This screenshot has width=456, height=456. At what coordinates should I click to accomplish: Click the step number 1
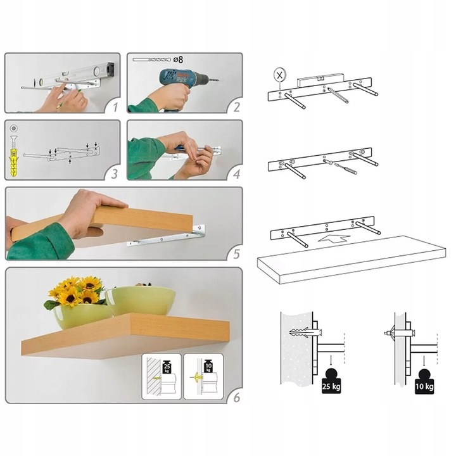click(x=115, y=107)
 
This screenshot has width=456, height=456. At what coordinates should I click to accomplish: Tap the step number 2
click(x=237, y=107)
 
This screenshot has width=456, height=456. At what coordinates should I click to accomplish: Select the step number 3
click(x=115, y=174)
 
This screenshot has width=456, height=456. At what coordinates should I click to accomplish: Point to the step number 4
click(x=237, y=174)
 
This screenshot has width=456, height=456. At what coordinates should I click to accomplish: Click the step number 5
click(x=237, y=254)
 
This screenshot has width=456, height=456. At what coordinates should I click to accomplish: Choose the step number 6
click(x=237, y=397)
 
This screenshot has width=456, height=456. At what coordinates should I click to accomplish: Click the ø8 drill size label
click(x=178, y=60)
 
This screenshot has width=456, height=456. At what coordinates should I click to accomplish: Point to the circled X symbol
click(x=280, y=75)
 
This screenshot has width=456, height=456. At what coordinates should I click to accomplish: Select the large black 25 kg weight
click(x=331, y=381)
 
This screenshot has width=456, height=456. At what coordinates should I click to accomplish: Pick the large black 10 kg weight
click(x=424, y=381)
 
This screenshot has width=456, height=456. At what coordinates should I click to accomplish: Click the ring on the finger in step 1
click(x=82, y=101)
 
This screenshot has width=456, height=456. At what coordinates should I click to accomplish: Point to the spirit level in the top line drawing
click(x=320, y=80)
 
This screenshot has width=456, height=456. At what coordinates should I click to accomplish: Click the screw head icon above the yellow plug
click(x=14, y=128)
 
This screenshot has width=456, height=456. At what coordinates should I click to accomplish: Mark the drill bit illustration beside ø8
click(x=151, y=60)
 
